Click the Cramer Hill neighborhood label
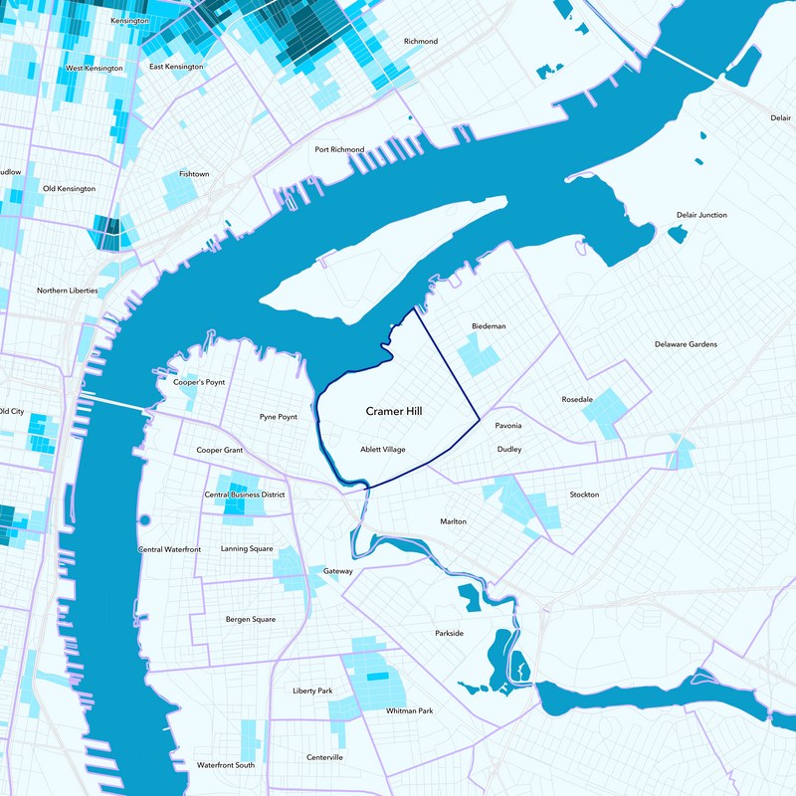[394, 411]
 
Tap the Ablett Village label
[383, 450]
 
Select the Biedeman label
[489, 326]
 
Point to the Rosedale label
[577, 399]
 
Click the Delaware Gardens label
[686, 344]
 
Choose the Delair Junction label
[701, 215]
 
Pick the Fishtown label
[194, 174]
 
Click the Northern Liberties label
[68, 291]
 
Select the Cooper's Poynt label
[199, 382]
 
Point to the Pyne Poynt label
[279, 417]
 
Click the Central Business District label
[245, 495]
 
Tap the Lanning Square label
[247, 548]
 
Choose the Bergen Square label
[251, 619]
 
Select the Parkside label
[449, 633]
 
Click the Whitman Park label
[410, 710]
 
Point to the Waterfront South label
[226, 765]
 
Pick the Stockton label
[584, 495]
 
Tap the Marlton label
[453, 521]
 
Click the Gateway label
[338, 571]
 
